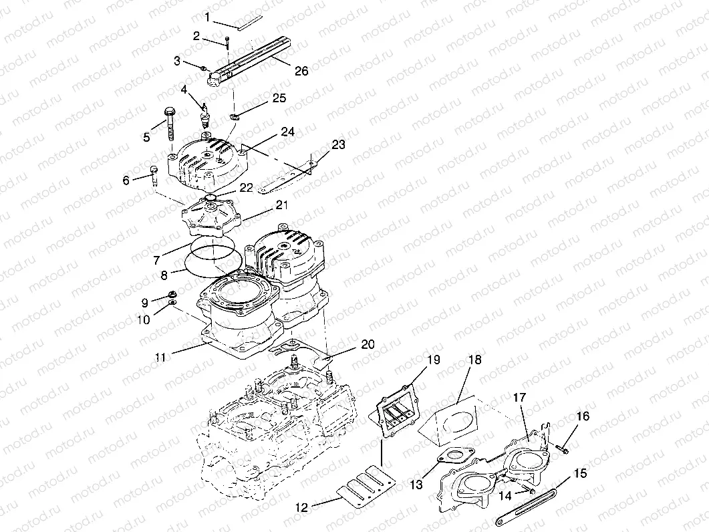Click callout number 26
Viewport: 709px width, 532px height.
click(301, 71)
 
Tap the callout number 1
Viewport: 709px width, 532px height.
click(208, 15)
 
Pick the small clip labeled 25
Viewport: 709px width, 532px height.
click(235, 118)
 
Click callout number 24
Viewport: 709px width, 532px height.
click(288, 132)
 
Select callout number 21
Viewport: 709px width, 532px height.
click(281, 206)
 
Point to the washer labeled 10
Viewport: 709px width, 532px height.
click(172, 305)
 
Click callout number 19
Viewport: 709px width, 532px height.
click(433, 360)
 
